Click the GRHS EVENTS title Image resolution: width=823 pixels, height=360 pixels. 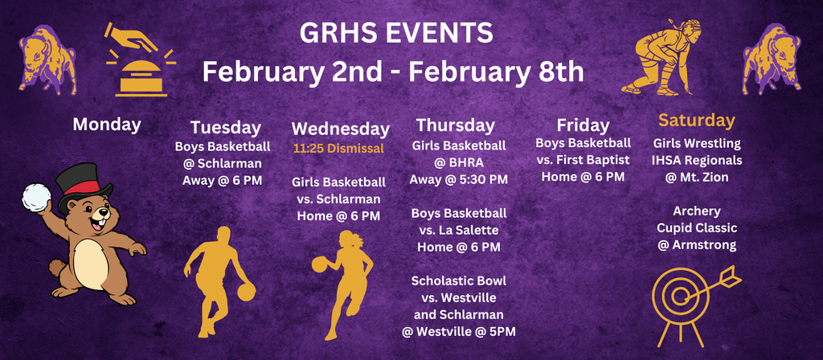coord(396,34)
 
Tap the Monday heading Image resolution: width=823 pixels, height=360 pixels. coord(107,124)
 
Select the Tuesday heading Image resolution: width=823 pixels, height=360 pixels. coord(226,127)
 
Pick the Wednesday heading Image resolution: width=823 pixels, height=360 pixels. coord(340,129)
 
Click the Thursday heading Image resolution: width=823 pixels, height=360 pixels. coord(455,125)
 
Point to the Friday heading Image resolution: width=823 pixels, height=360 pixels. coord(583,125)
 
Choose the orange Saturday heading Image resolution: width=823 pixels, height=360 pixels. coord(697,121)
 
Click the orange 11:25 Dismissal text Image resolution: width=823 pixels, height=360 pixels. coord(338,149)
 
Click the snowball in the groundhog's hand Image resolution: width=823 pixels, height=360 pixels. coord(35,198)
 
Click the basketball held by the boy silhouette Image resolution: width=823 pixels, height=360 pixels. coord(246,290)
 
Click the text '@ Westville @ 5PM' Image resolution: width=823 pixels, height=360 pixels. coord(459,331)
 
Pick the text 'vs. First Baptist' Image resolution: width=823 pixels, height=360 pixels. coord(583,160)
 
